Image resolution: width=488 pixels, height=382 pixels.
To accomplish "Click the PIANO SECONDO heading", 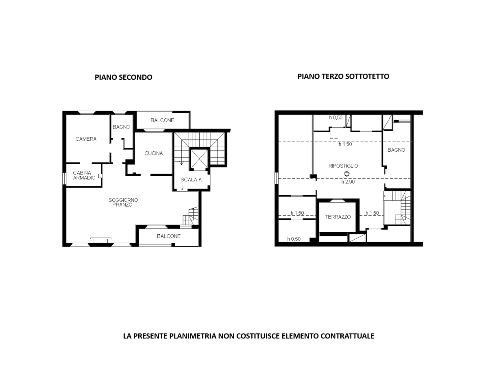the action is click(x=123, y=77).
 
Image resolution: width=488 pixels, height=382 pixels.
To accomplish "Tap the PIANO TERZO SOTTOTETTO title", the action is click(x=343, y=76).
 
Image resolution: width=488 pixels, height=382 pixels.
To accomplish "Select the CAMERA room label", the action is click(x=86, y=139).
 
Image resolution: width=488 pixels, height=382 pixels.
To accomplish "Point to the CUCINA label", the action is click(x=154, y=153).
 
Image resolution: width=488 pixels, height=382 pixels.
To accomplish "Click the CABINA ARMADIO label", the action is click(x=84, y=175).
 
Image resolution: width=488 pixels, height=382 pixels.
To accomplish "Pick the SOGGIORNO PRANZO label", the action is click(x=123, y=202).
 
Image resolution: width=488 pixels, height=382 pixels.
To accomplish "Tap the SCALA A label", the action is click(x=191, y=180).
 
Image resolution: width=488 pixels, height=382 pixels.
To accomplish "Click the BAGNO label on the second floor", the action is click(x=121, y=127).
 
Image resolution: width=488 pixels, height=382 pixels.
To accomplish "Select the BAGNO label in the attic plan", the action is click(x=396, y=150).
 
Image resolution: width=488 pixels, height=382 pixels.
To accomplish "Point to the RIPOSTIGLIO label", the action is click(x=343, y=166).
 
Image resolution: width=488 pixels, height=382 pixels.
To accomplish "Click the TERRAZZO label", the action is click(x=338, y=217).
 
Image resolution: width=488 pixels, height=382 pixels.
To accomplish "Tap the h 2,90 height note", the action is click(x=348, y=182).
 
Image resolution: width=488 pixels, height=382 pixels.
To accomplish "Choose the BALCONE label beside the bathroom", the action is click(x=162, y=120).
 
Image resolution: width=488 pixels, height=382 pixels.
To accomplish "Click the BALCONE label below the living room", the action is click(x=169, y=236).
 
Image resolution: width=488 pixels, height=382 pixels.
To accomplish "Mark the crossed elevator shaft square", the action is click(x=199, y=159).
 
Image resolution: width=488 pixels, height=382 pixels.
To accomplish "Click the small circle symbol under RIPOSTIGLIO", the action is click(x=347, y=174).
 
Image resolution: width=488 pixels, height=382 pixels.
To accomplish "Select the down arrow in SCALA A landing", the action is click(x=182, y=187).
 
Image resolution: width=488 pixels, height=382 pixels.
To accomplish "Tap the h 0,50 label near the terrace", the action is click(x=294, y=239).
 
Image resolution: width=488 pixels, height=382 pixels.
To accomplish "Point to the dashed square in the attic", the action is click(x=334, y=133).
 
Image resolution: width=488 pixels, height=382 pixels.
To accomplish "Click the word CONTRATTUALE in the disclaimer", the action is click(x=347, y=336).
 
